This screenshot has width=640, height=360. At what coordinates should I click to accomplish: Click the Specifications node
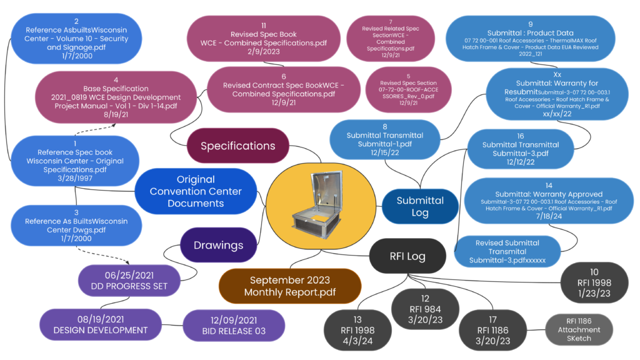pos(237,146)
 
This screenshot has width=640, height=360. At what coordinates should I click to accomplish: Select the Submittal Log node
pos(420,206)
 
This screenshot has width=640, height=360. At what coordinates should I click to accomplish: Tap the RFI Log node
pos(407,256)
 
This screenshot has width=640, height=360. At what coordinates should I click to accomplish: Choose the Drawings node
pos(218,244)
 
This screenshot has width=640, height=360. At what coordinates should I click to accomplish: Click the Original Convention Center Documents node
pos(196,191)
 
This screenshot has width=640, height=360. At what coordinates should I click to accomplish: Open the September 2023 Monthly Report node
pos(289,286)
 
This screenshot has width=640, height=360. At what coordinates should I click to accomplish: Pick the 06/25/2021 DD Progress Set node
pos(129,280)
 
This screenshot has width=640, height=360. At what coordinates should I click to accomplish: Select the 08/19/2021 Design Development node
pos(101,324)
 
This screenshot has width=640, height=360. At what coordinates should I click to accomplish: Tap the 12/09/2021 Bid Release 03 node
pos(234,325)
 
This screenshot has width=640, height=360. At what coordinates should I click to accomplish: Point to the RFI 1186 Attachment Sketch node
pos(579,329)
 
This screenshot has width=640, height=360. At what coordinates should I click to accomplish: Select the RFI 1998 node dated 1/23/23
pos(594,283)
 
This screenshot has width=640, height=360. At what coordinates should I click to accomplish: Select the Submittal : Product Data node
pos(531,38)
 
